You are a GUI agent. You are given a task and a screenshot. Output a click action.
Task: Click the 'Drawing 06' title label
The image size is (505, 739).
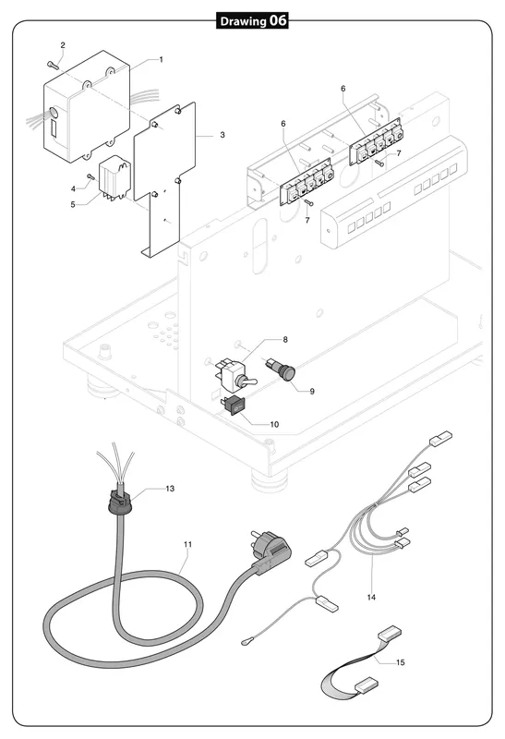[252, 20]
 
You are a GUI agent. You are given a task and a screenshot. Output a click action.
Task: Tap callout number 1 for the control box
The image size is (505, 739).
[162, 59]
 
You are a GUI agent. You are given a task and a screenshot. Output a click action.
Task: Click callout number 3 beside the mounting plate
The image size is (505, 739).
[222, 135]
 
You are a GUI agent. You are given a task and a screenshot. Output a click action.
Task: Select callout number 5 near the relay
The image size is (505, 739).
[73, 205]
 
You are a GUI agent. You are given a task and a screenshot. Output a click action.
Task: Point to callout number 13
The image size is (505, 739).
[170, 489]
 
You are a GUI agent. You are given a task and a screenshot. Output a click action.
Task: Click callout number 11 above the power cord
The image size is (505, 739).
[188, 544]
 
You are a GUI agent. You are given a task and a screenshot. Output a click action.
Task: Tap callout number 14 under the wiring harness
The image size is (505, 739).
[371, 597]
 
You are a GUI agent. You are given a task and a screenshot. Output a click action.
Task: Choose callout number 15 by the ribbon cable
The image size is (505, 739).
[401, 662]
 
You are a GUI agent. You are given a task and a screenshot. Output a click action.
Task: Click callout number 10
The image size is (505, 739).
[274, 424]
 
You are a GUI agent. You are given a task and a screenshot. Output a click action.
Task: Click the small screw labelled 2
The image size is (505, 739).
[53, 65]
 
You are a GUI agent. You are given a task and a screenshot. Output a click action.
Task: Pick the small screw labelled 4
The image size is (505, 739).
[90, 176]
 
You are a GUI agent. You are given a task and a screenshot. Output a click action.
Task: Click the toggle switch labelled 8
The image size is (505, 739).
[234, 373]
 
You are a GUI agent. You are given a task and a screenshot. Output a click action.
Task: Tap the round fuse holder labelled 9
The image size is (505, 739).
[285, 367]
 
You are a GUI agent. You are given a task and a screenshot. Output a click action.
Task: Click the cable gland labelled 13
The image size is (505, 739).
[120, 503]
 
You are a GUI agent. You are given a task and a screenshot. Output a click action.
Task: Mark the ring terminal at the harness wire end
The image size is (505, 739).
[246, 640]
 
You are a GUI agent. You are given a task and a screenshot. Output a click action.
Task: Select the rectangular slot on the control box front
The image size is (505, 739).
[54, 128]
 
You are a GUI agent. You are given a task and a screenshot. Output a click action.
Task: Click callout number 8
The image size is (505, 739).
[285, 339]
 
